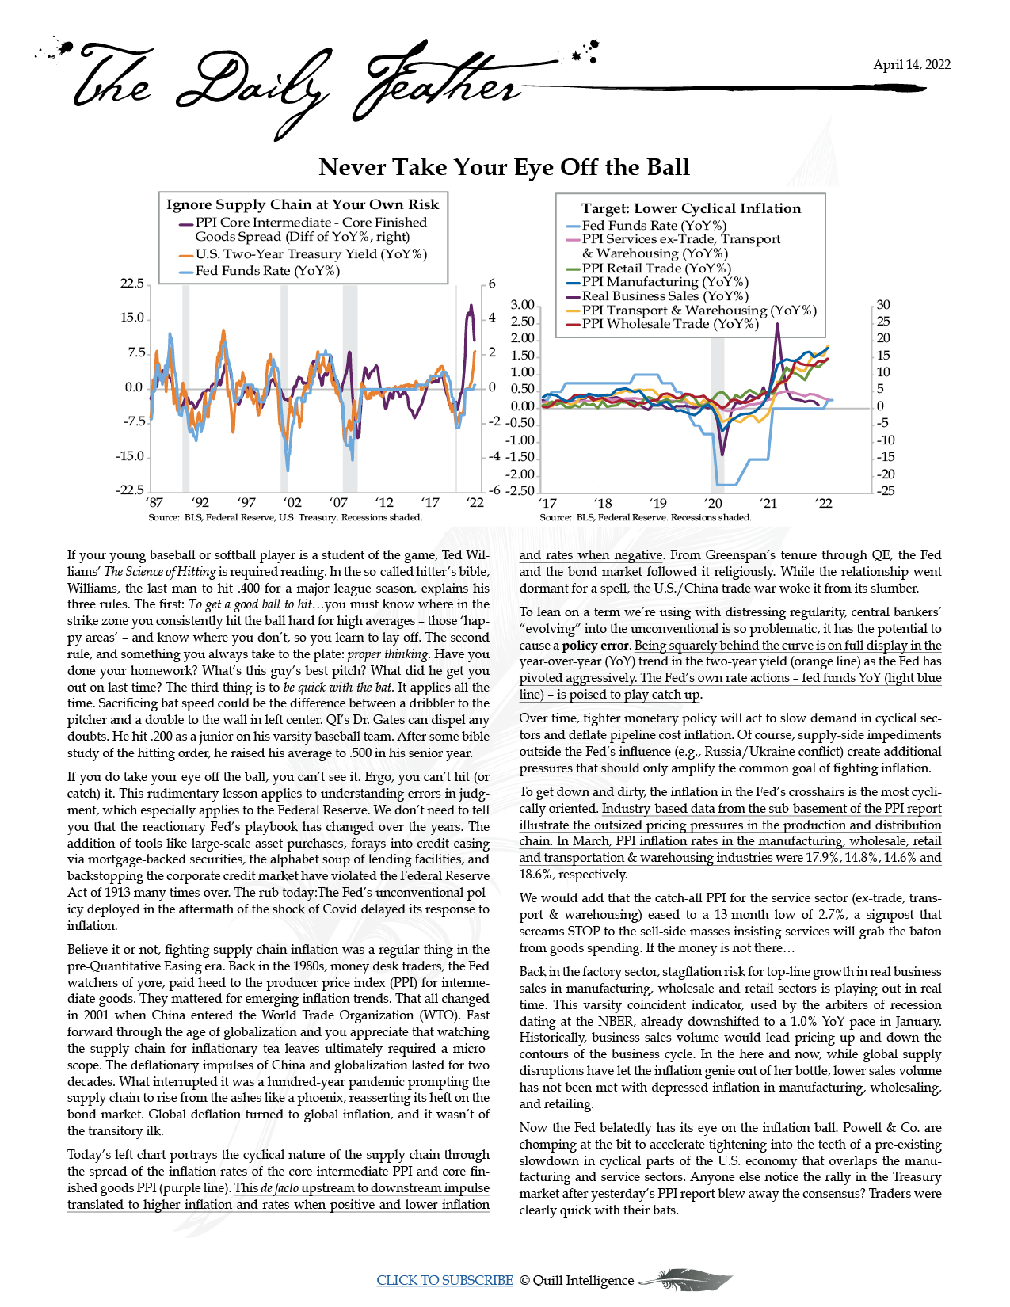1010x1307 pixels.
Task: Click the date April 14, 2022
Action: (x=911, y=65)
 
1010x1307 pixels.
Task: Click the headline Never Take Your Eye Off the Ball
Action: (x=504, y=167)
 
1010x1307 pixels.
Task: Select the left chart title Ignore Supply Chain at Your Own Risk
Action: (x=302, y=204)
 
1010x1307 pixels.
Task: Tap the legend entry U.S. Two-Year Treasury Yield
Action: (x=311, y=254)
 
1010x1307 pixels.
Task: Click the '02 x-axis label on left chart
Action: (x=292, y=502)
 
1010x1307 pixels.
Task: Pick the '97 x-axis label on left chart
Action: (x=246, y=502)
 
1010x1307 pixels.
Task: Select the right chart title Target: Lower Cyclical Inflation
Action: (x=691, y=208)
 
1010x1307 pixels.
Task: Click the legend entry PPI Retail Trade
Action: (x=656, y=268)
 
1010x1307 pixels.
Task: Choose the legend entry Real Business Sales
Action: (x=665, y=296)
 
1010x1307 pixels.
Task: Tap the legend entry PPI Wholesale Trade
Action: (x=670, y=323)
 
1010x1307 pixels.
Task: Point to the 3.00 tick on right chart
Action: (x=522, y=305)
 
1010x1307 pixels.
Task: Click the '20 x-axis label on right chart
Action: (x=713, y=503)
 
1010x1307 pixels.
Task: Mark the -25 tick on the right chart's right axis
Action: (x=884, y=491)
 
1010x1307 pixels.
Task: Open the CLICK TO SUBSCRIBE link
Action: (x=444, y=1280)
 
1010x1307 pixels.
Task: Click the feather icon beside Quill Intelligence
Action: (x=685, y=1278)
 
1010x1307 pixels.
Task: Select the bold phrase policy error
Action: (x=596, y=645)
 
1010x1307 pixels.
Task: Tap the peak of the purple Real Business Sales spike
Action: (x=777, y=324)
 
